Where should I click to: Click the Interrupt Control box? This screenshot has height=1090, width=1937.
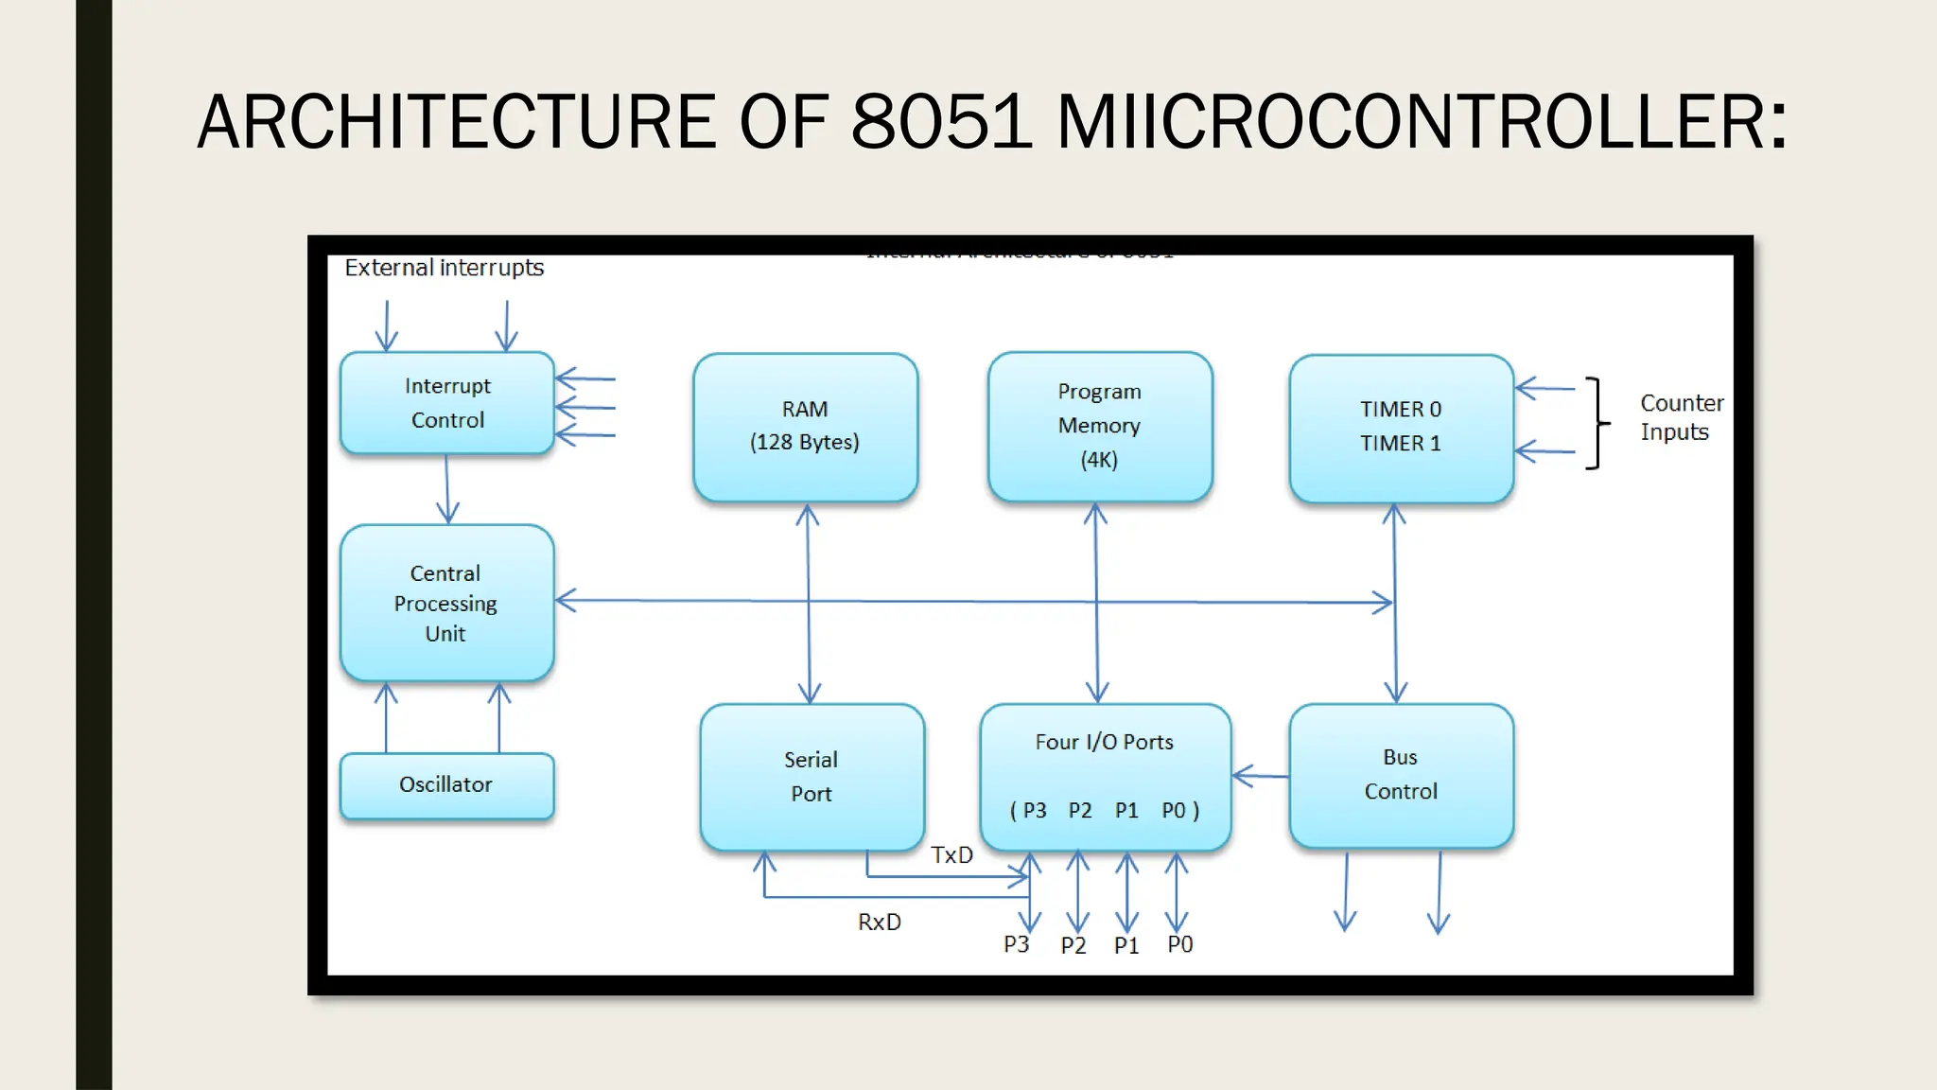coord(446,403)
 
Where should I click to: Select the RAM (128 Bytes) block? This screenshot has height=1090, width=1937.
coord(805,427)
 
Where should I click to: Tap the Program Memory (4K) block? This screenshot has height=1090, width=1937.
coord(1099,427)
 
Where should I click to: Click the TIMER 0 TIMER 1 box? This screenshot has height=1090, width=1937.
coord(1401,428)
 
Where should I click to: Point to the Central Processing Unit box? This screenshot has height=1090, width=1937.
coord(446,604)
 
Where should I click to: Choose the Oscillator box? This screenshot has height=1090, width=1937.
coord(446,785)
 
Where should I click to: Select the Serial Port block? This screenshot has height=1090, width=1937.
coord(811,777)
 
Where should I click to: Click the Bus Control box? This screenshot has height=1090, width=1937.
coord(1401,776)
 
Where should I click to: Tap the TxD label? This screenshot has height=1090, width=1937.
coord(951,855)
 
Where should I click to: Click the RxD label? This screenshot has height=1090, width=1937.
coord(880,923)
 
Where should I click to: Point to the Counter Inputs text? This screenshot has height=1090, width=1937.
coord(1681,417)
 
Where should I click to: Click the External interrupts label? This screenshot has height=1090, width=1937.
coord(444,268)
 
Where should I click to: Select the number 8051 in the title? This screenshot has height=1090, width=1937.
coord(941,123)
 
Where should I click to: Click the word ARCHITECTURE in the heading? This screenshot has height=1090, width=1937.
coord(456,123)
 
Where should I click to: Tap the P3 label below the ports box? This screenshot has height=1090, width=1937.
coord(1016,944)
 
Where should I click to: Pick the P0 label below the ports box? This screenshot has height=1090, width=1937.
coord(1179,944)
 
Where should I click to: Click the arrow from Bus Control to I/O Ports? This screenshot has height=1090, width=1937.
coord(1261,776)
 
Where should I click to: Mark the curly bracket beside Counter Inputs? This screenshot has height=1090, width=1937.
coord(1597,423)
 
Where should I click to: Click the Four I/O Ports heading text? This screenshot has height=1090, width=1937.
coord(1104,743)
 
